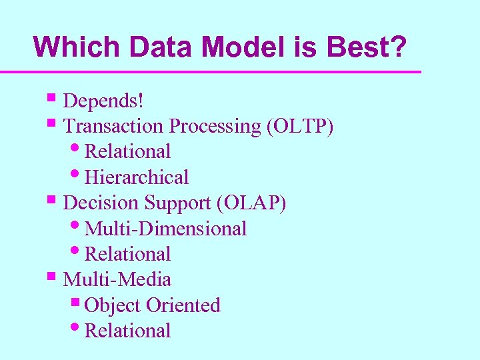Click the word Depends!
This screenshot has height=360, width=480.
[103, 101]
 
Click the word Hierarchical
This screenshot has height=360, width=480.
[137, 177]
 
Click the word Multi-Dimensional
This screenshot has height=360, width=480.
[166, 229]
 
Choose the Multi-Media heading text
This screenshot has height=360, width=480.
[117, 279]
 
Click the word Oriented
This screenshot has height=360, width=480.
[183, 305]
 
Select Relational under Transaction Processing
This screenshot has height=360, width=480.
[128, 151]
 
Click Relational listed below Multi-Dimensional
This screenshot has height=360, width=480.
[128, 254]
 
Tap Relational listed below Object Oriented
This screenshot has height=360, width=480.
[128, 331]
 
